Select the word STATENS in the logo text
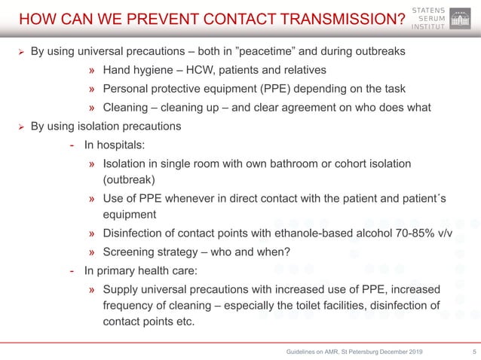[430, 8]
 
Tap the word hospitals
[122, 144]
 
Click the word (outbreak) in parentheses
[130, 180]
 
